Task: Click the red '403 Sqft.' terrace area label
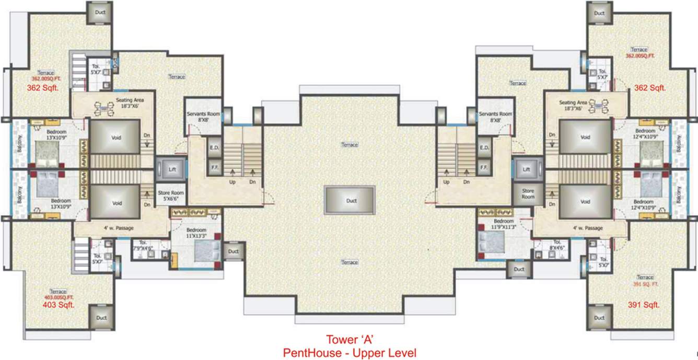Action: click(59, 305)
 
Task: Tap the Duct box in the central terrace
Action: click(349, 200)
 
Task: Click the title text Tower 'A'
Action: click(349, 338)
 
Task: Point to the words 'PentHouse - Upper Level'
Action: click(349, 353)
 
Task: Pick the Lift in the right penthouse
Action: click(527, 170)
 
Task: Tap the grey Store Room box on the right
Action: click(528, 194)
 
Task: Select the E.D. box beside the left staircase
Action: click(214, 148)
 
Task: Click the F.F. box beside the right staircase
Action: click(484, 168)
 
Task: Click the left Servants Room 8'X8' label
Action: click(203, 117)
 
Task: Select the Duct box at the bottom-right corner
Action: click(599, 318)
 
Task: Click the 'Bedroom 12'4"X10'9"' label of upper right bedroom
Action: click(646, 133)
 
